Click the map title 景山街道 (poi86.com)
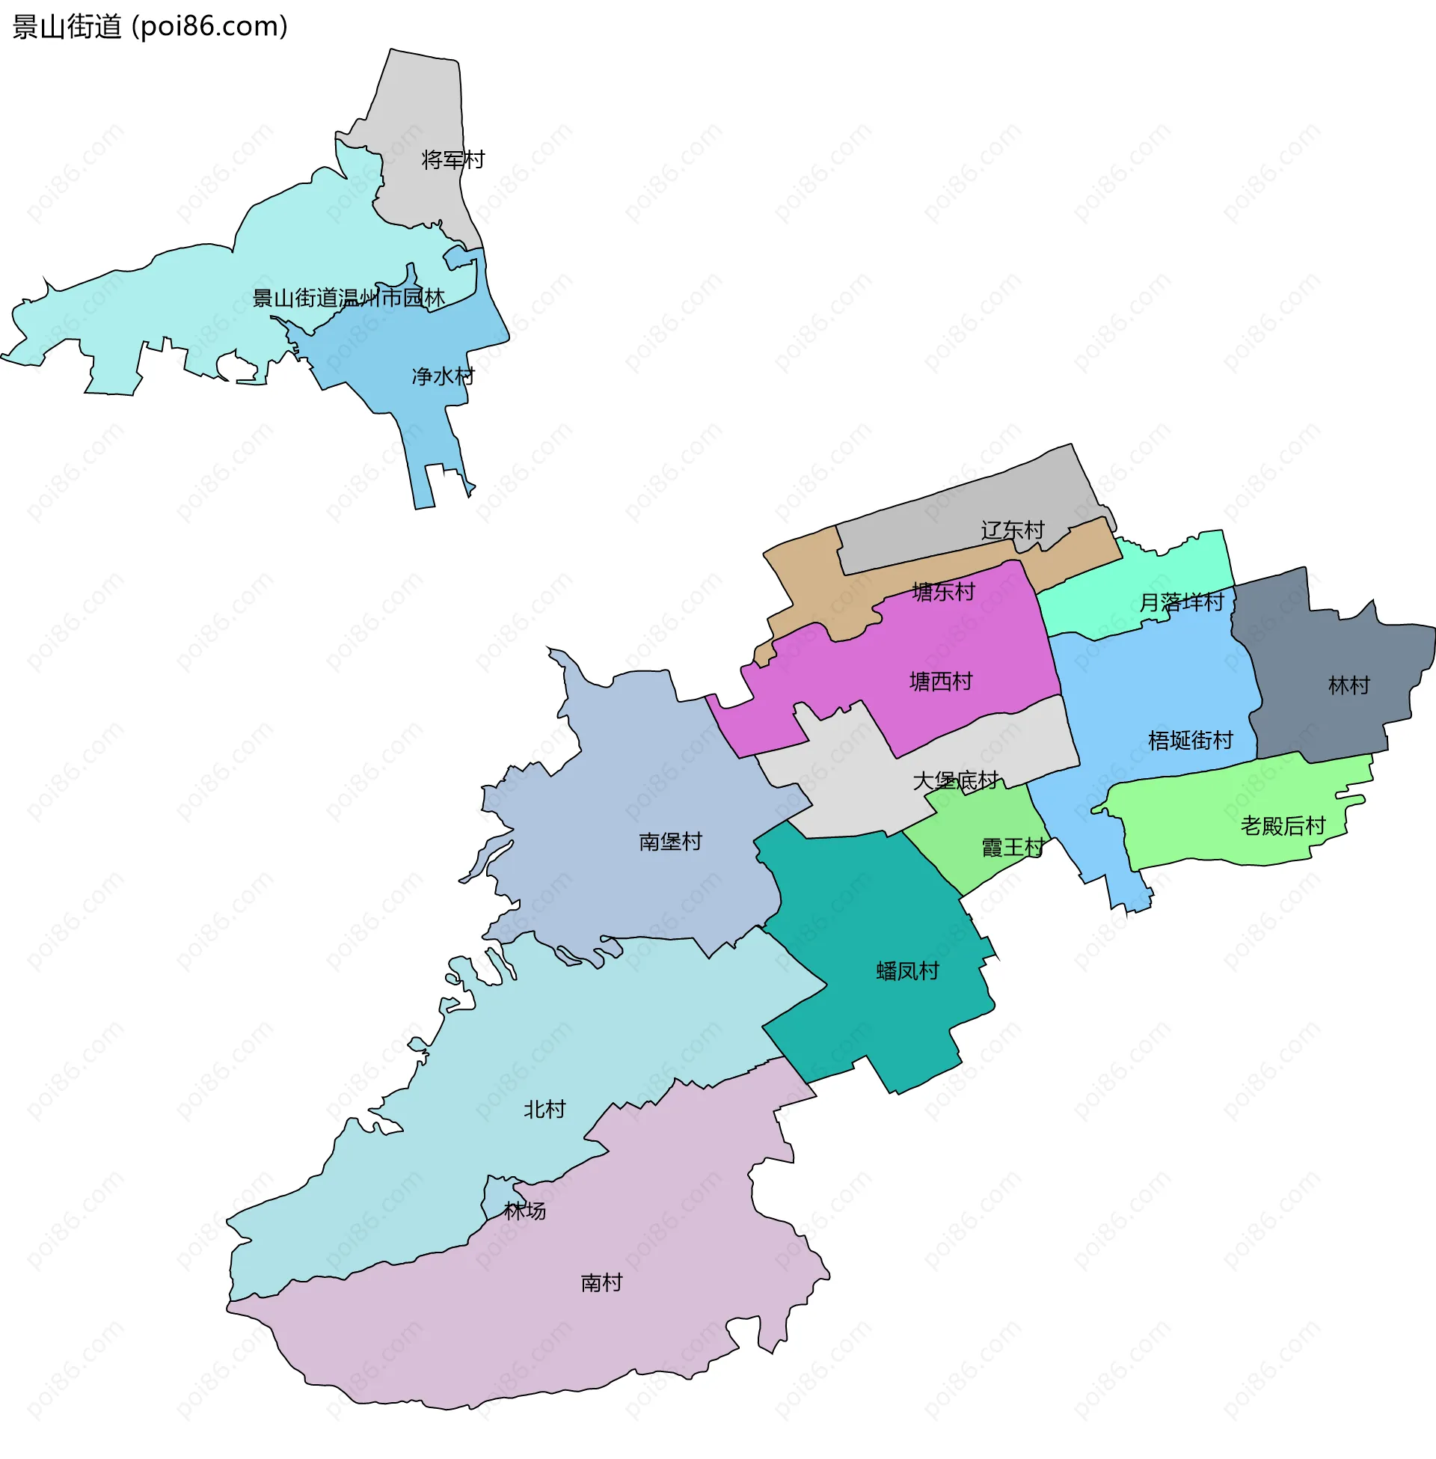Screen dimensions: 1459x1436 (x=150, y=27)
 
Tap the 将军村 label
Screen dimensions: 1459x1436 (x=452, y=160)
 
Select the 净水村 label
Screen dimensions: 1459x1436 (x=443, y=376)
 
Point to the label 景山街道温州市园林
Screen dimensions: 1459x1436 (x=349, y=298)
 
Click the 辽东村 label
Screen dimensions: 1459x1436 (x=1012, y=530)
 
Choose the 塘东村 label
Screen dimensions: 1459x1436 (x=944, y=592)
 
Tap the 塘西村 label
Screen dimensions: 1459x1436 (x=940, y=682)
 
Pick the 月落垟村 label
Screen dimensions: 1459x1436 (x=1181, y=602)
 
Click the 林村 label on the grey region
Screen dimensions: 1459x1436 (x=1348, y=686)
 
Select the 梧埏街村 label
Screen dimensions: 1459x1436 (x=1190, y=741)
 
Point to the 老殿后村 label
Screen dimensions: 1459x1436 (x=1283, y=826)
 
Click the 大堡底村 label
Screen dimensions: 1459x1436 (x=956, y=780)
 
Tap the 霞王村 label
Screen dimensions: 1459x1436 (x=1013, y=848)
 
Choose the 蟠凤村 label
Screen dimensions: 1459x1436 (x=907, y=971)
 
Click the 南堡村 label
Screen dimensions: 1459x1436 (x=670, y=841)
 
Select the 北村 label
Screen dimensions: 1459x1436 (x=544, y=1110)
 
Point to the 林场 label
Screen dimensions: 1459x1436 (x=525, y=1211)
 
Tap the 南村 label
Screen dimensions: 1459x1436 (x=602, y=1282)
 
